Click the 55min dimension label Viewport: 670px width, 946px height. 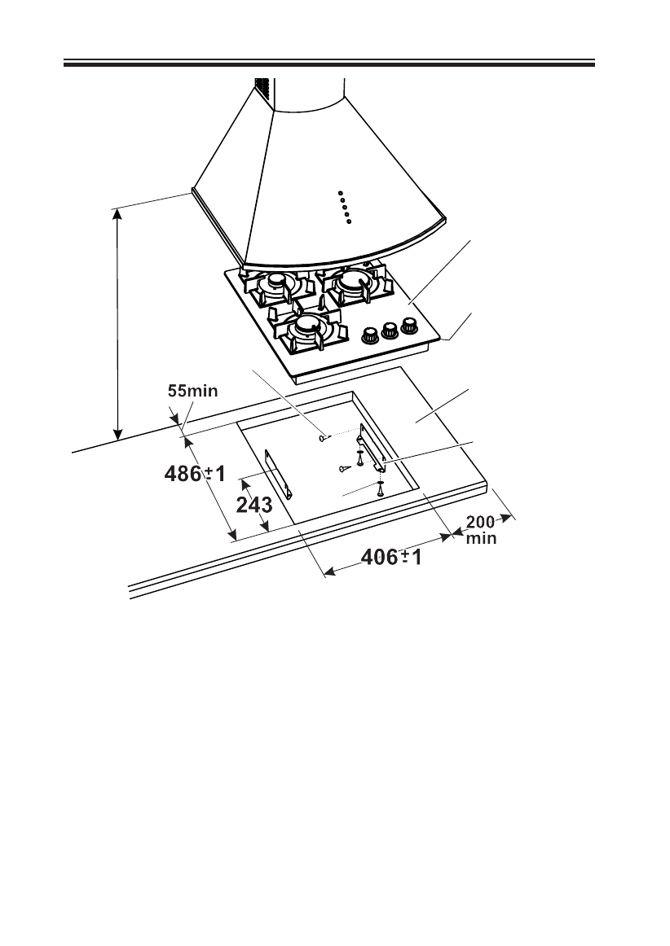coord(192,391)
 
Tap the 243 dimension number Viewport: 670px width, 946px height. coord(254,506)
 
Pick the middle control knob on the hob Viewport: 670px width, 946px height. coord(390,328)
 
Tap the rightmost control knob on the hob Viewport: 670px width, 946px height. coord(408,324)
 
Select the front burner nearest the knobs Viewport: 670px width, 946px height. coord(307,326)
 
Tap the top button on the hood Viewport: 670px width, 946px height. coord(342,193)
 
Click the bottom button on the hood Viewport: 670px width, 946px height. coord(348,221)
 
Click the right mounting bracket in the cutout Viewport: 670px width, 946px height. coord(372,453)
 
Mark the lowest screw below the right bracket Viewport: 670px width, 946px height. coord(381,491)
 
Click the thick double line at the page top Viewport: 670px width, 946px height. coord(329,63)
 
